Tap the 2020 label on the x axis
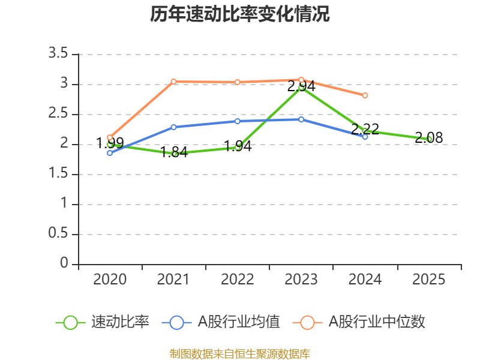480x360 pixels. click(110, 280)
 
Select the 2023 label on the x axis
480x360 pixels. click(301, 280)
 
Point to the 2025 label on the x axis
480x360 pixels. click(429, 280)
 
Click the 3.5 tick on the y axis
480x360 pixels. click(59, 55)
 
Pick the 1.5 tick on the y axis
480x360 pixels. click(59, 175)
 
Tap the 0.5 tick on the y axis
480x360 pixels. click(59, 235)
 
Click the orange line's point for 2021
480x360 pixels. click(173, 82)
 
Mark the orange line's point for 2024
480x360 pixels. click(365, 95)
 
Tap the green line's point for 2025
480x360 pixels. click(429, 139)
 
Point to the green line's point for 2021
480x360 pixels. click(174, 154)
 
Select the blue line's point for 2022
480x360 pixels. click(238, 121)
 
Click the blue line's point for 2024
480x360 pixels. click(365, 137)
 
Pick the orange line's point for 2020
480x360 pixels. click(110, 137)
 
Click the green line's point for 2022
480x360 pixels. click(238, 147)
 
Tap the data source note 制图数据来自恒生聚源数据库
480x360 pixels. click(240, 354)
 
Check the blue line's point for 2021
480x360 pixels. click(173, 127)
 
